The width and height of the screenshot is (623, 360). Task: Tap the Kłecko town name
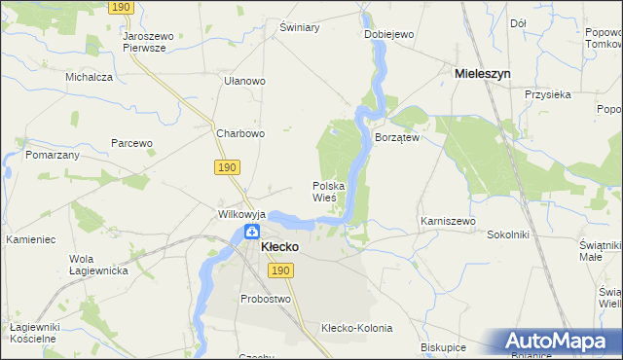[x=279, y=247]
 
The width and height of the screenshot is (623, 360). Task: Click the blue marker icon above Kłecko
[x=251, y=233]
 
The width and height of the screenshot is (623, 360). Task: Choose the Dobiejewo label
[x=389, y=34]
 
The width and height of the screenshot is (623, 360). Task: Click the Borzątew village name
[x=397, y=138]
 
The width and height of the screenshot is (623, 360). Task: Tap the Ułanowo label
[x=244, y=82]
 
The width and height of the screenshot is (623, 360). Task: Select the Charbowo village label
[x=240, y=134]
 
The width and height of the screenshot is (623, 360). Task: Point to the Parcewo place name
[x=131, y=143]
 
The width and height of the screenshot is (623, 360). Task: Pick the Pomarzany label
[x=53, y=156]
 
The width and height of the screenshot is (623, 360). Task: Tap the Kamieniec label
[x=33, y=239]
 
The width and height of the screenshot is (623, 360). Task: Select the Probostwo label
[x=268, y=299]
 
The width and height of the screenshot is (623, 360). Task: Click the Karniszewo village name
[x=448, y=222]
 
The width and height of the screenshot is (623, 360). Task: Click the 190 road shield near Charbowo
[x=227, y=167]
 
